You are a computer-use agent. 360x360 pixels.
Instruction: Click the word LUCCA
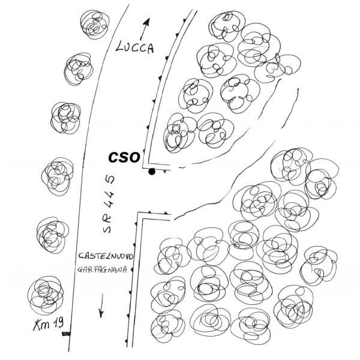135,47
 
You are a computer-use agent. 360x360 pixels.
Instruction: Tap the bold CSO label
124,157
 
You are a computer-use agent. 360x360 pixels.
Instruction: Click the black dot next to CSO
152,172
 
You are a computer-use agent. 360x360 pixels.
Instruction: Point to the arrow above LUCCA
145,29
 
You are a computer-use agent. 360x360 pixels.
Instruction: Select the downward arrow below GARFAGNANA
101,305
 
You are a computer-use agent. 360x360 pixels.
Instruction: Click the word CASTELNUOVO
106,256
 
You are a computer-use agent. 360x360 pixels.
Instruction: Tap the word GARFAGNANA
102,269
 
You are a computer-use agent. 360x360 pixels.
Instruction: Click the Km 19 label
49,324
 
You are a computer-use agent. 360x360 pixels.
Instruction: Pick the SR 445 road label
109,204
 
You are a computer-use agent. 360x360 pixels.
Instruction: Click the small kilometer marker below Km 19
67,334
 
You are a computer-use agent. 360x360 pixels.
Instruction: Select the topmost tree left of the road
95,24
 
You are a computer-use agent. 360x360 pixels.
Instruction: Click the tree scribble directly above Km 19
46,295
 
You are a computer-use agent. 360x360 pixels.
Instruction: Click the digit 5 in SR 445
110,180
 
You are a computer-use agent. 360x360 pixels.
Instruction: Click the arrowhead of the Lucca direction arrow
147,22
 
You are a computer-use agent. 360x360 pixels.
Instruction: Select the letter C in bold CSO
113,158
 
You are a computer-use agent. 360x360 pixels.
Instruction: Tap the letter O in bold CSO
134,157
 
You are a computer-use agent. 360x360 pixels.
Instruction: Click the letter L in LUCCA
119,47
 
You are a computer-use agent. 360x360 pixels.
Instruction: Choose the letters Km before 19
42,325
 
